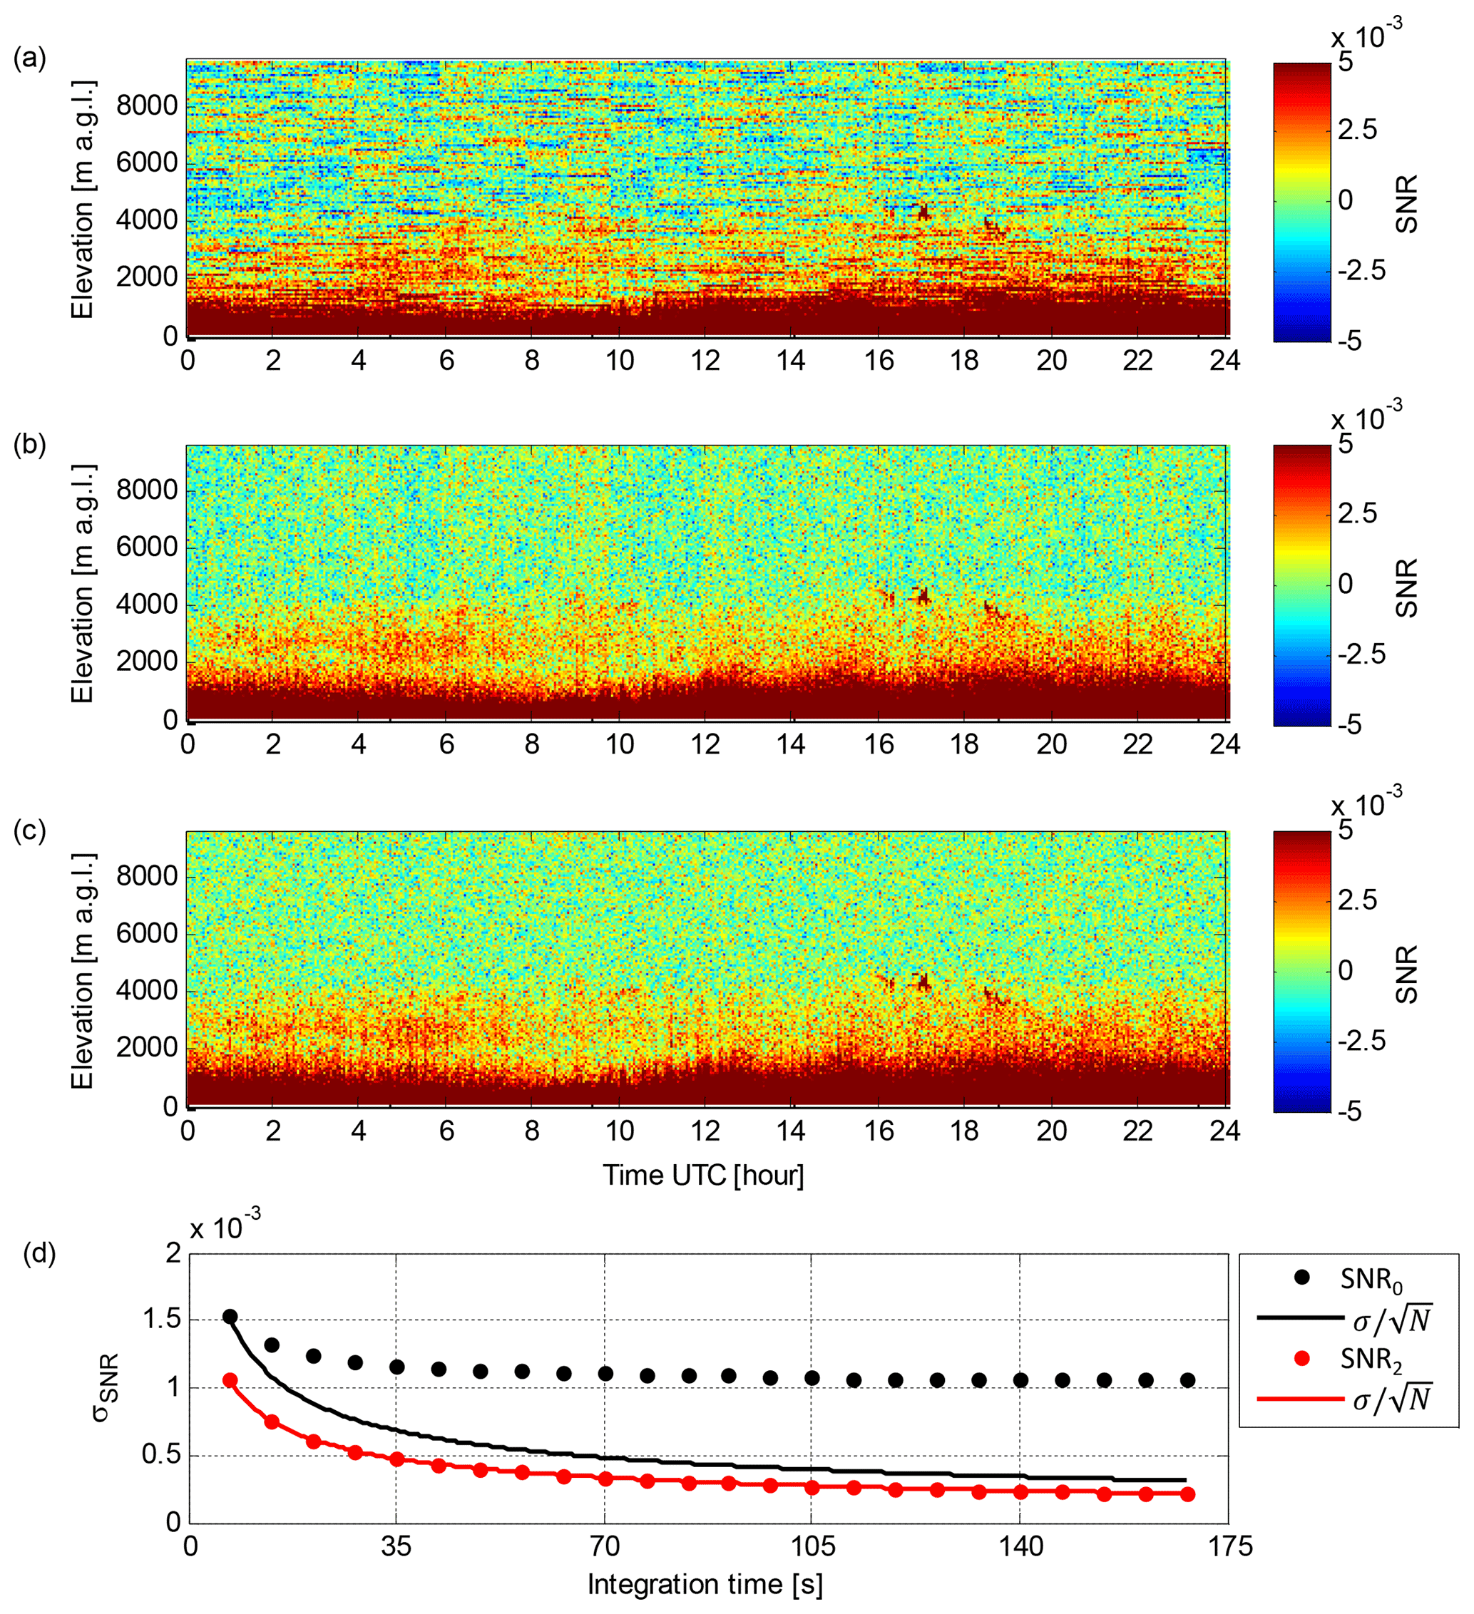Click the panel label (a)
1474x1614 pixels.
pyautogui.click(x=30, y=59)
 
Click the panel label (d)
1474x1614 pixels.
pyautogui.click(x=39, y=1253)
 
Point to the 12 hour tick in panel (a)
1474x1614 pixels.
pyautogui.click(x=705, y=361)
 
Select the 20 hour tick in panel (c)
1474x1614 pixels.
pyautogui.click(x=1051, y=1131)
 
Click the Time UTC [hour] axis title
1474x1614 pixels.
pyautogui.click(x=703, y=1176)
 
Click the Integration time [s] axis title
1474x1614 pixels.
pyautogui.click(x=705, y=1584)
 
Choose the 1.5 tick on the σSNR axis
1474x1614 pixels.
pyautogui.click(x=161, y=1320)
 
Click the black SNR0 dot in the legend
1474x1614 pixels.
pyautogui.click(x=1301, y=1278)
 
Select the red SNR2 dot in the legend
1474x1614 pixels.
pyautogui.click(x=1301, y=1359)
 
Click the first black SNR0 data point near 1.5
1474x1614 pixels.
pyautogui.click(x=230, y=1317)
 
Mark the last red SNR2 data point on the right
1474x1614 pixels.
pyautogui.click(x=1187, y=1495)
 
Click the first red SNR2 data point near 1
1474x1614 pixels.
pyautogui.click(x=230, y=1380)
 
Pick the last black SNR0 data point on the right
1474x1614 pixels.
pyautogui.click(x=1187, y=1380)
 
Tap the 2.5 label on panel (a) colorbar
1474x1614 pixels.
pyautogui.click(x=1357, y=130)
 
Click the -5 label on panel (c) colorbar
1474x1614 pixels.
pyautogui.click(x=1349, y=1111)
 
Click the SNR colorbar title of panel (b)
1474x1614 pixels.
pyautogui.click(x=1407, y=587)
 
